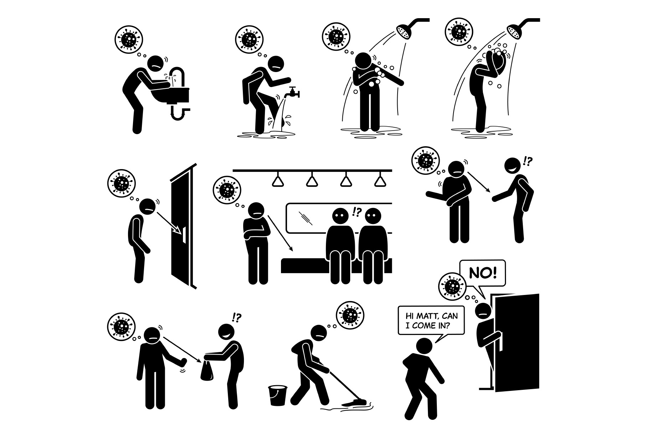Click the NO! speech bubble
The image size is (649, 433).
(x=482, y=273)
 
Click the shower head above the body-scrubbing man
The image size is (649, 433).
(x=406, y=31)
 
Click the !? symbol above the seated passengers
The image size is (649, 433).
(x=357, y=212)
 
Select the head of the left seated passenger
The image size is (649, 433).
(x=340, y=216)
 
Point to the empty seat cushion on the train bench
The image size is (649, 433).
(x=304, y=265)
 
